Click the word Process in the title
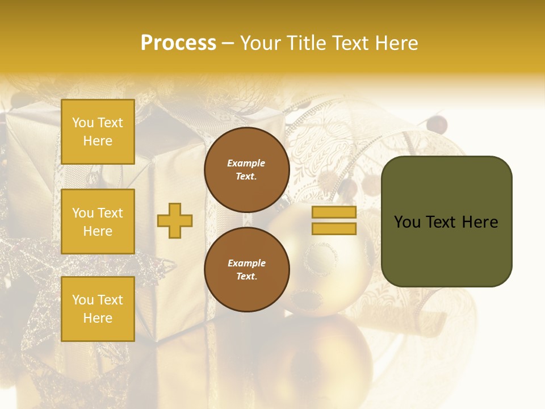coord(178,43)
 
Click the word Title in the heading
coord(307,43)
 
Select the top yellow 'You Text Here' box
coord(98,132)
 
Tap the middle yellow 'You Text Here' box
coord(98,222)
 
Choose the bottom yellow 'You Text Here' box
coord(98,308)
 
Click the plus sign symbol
coord(175,220)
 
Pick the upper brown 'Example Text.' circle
coord(246,170)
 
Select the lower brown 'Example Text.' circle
coord(246,270)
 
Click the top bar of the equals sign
coord(334,212)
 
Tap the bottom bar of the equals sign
coord(334,229)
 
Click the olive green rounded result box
coord(446,250)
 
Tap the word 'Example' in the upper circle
coord(246,164)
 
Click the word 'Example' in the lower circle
coord(246,264)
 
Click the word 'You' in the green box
coord(407,222)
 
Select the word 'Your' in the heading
coord(260,43)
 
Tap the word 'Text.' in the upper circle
coord(246,177)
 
